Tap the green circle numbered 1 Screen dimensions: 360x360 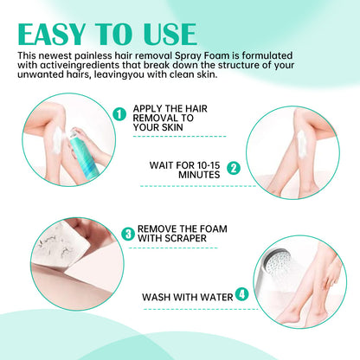[x=119, y=112]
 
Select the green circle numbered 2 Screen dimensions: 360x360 [x=232, y=166]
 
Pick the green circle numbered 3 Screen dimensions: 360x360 [x=127, y=233]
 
